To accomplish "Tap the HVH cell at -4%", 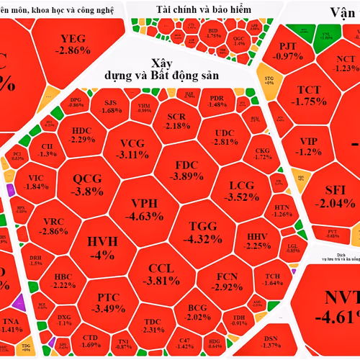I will point(97,248).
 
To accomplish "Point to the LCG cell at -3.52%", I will point(237,191).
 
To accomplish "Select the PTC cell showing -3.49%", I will point(97,302).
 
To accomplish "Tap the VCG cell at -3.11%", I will point(133,148).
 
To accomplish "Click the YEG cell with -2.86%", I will point(75,45).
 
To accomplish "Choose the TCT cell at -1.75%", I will point(312,96).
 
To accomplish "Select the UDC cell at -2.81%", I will point(225,137).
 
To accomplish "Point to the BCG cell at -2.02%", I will point(197,312).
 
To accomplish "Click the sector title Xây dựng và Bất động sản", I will point(180,68).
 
